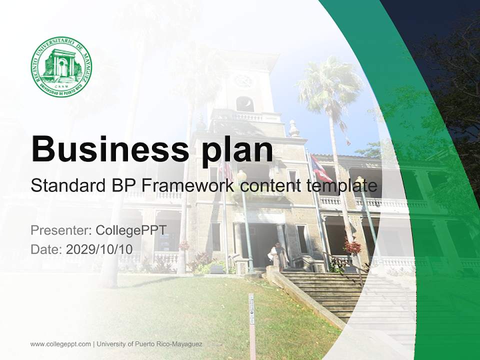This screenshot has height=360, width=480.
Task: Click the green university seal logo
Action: pos(61,66)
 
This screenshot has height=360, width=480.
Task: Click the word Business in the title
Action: pos(105,148)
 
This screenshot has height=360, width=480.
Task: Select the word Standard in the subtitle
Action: pos(65,185)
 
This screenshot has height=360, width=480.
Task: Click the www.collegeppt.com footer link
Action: pos(60,344)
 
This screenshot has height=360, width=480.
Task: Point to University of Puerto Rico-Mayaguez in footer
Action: pos(150,344)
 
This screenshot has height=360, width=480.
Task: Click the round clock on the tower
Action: pos(244,80)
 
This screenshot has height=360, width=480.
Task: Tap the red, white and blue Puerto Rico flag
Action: pos(320,169)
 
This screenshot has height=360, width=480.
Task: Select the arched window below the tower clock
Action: pos(244,103)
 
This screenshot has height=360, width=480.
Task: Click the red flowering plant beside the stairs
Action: pos(353,246)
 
